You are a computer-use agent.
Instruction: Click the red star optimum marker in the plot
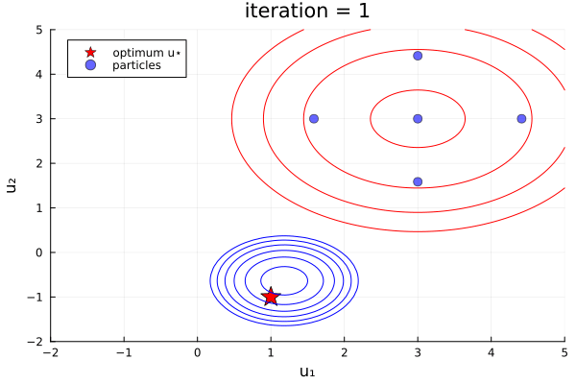[271, 297]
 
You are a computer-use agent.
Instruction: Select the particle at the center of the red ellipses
[418, 119]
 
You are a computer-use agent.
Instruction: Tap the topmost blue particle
[418, 56]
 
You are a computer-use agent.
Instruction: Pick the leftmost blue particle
[313, 119]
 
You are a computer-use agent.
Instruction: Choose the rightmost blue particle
[521, 119]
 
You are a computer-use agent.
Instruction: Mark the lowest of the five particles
[418, 181]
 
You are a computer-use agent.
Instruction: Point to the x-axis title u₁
[307, 372]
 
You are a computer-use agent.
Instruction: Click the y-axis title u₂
[12, 185]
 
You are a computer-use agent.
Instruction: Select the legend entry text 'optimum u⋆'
[144, 52]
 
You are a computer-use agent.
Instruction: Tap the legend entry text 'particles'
[136, 65]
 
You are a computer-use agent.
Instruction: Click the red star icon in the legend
[90, 52]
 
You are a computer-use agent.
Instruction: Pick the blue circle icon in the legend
[90, 65]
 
